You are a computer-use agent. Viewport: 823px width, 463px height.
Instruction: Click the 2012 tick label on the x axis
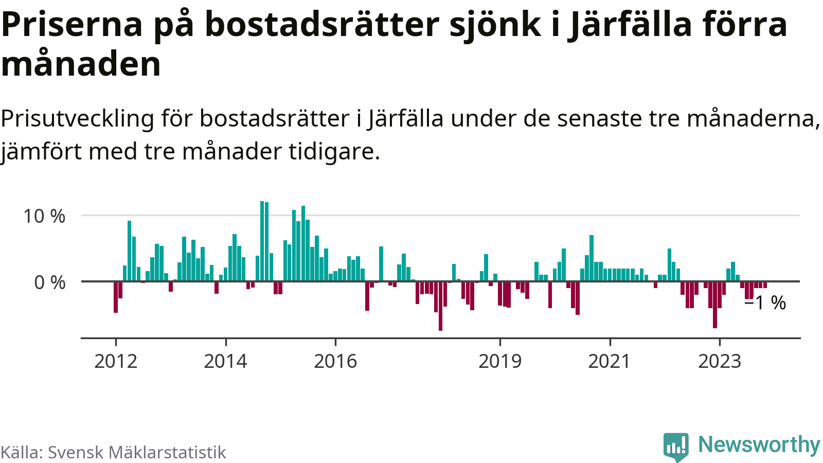116,361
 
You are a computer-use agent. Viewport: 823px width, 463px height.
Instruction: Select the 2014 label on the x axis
225,361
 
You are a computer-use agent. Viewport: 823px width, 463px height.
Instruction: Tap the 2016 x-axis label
335,361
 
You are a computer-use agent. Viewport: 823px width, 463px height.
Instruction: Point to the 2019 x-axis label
500,361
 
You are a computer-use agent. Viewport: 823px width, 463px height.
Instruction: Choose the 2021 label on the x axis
610,361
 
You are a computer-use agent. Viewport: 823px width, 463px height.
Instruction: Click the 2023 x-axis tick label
720,361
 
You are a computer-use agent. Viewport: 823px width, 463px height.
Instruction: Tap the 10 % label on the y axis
44,216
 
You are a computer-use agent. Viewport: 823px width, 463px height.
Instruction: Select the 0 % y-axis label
50,282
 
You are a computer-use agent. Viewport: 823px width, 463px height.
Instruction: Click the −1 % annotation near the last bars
765,302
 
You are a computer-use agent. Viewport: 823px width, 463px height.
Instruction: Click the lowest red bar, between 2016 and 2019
440,306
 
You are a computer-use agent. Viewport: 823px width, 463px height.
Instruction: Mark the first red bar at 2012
116,297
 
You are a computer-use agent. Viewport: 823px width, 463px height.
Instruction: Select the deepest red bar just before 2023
715,305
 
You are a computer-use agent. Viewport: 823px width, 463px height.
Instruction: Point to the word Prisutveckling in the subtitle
77,119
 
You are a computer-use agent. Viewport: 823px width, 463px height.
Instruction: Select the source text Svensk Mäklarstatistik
137,452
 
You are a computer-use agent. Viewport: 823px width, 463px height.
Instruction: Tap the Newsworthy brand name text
759,444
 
